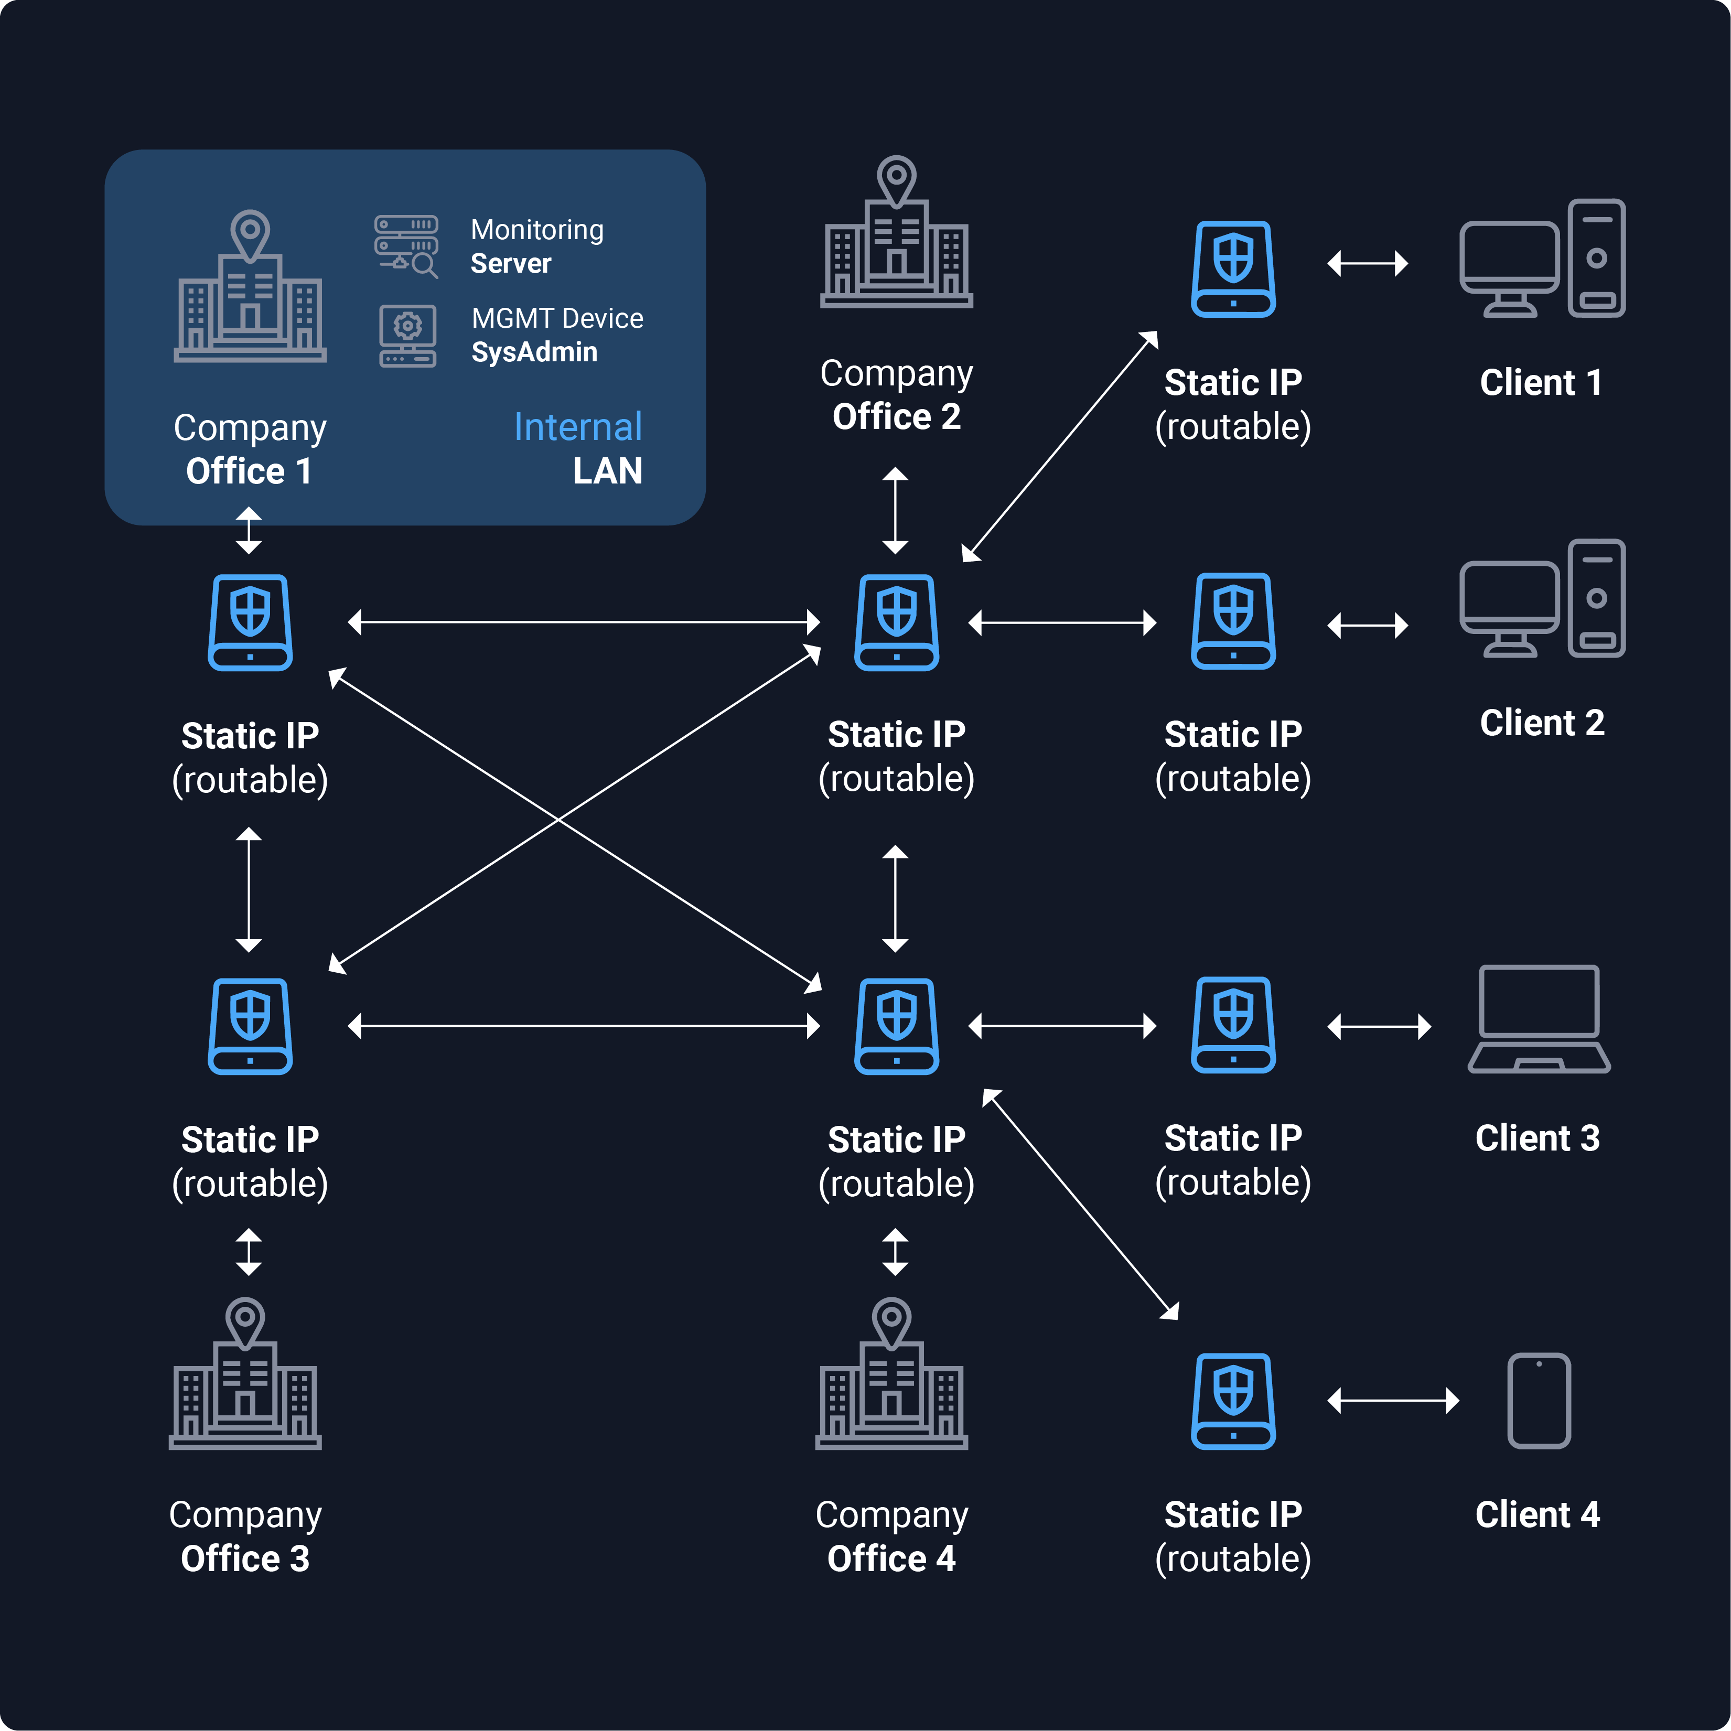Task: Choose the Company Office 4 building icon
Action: point(891,1373)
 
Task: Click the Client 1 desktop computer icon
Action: point(1542,258)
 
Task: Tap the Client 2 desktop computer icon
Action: point(1542,598)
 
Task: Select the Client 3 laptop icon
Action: point(1539,1019)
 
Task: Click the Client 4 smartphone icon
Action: point(1539,1401)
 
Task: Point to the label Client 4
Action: point(1538,1514)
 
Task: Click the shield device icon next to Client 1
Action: point(1233,269)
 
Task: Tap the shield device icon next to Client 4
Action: point(1233,1401)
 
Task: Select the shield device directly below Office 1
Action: point(250,622)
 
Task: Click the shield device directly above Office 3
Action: point(250,1026)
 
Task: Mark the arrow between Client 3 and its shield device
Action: point(1379,1026)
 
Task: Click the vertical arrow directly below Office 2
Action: point(895,511)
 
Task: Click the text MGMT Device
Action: point(557,318)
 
